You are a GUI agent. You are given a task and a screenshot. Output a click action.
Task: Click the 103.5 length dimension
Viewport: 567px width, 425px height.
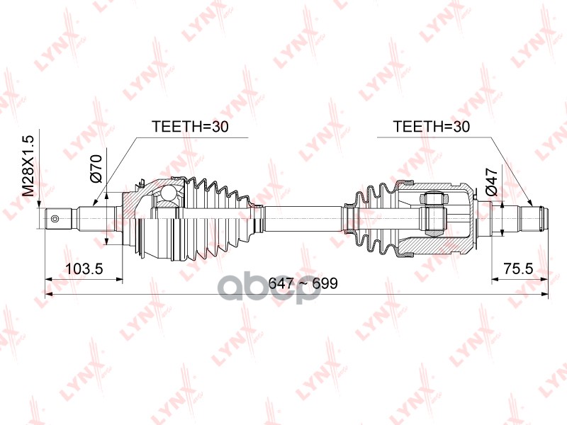coord(84,268)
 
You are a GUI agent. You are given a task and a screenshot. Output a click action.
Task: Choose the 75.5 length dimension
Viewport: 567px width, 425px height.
coord(517,268)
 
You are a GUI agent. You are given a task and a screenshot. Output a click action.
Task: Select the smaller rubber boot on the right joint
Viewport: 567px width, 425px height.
coord(372,216)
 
